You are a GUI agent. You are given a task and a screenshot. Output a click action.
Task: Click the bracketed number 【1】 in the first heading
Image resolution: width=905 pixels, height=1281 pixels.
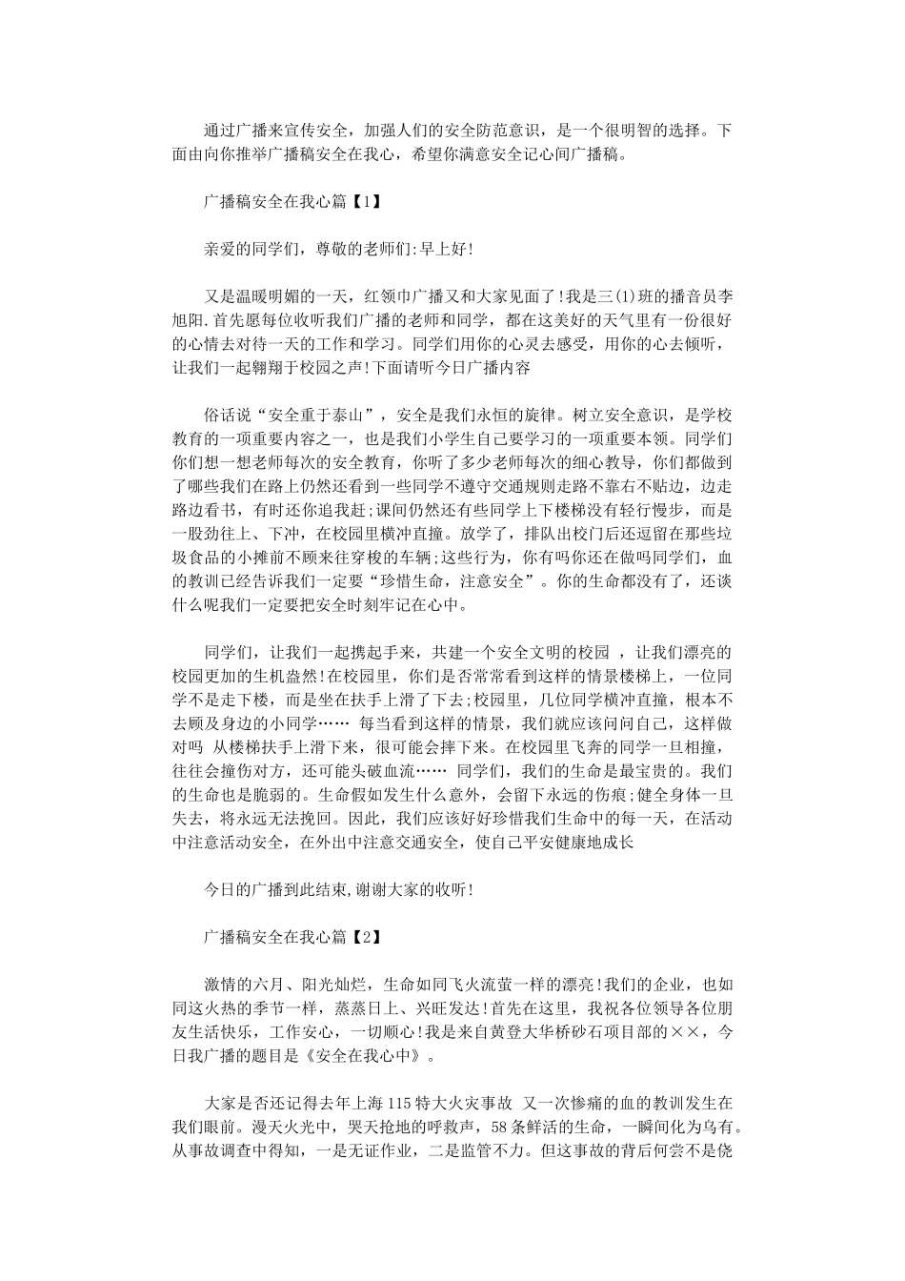click(364, 201)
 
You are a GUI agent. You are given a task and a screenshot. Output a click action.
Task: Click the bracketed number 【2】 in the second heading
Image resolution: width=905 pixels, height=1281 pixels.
click(364, 937)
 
